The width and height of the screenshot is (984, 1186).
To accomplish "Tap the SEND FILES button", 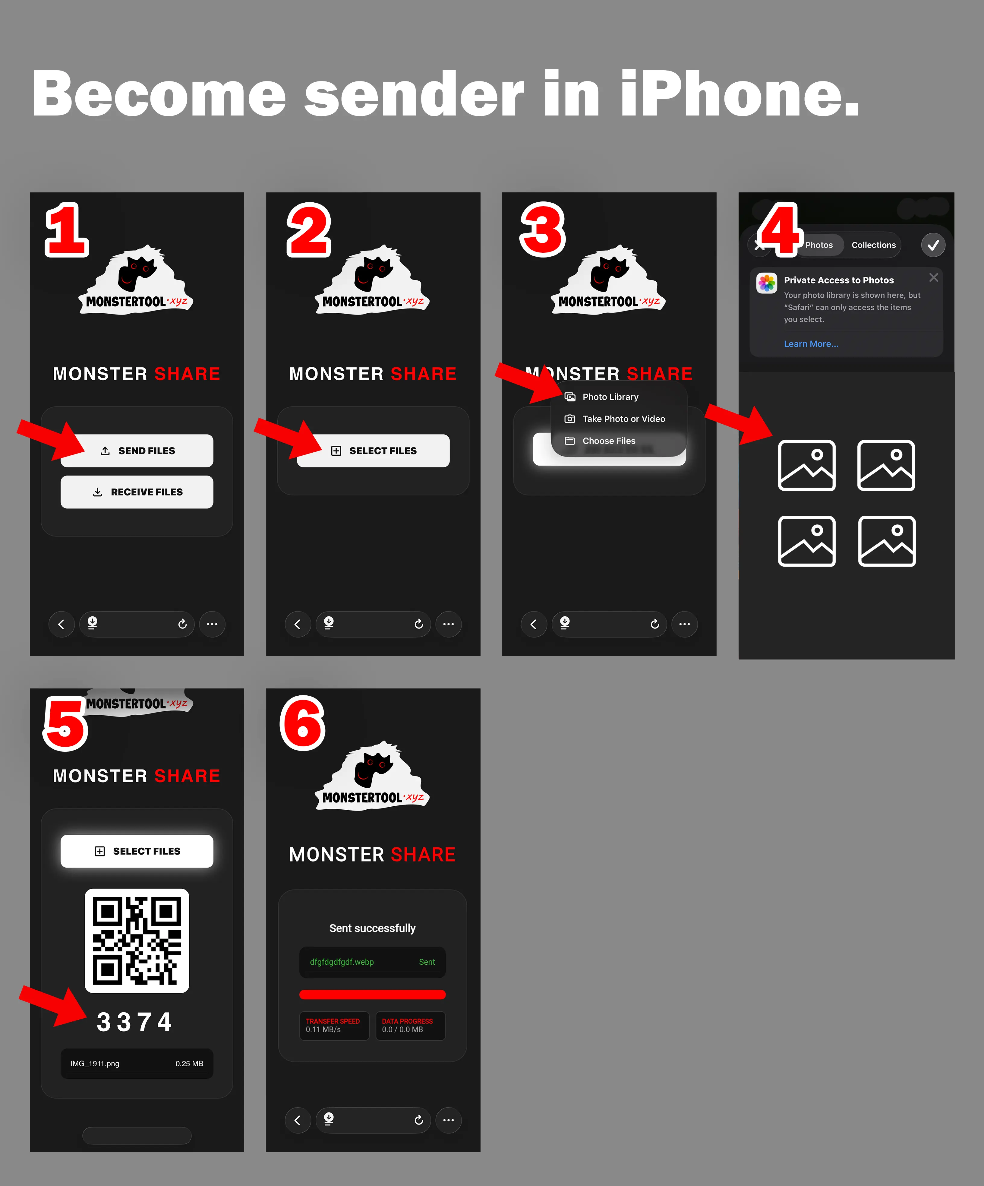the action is pos(137,451).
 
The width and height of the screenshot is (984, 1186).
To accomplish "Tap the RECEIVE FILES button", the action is pos(137,492).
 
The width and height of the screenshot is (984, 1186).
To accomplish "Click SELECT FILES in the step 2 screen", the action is pos(373,451).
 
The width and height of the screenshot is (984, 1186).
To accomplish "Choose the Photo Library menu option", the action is pos(610,397).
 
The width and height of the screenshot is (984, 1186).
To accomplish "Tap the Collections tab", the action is pos(873,245).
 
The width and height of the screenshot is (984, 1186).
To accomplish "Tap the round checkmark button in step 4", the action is pos(933,245).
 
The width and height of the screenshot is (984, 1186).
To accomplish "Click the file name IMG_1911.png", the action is pos(95,1064).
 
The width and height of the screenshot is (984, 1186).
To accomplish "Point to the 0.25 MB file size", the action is pos(189,1064).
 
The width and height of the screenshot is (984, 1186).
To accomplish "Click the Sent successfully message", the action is pos(373,928).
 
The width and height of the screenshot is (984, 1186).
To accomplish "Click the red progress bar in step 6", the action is pos(373,995).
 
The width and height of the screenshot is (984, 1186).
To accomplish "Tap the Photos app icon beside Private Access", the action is pos(767,283).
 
